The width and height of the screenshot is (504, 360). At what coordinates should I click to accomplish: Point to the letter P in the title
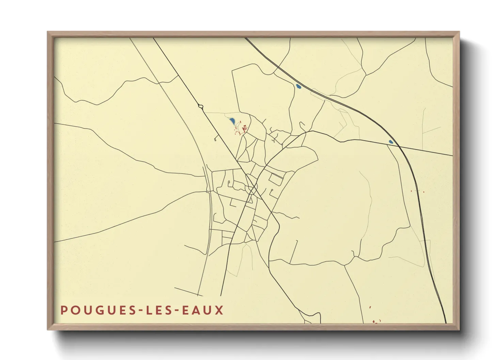63,310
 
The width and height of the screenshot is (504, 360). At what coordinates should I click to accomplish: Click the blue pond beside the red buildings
232,121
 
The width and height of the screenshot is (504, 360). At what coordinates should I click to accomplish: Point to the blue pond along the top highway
299,87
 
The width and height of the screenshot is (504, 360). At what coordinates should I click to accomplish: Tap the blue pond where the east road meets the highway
391,142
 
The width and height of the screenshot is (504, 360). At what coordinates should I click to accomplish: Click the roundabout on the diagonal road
201,107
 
